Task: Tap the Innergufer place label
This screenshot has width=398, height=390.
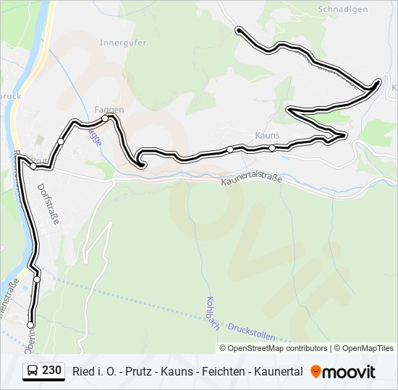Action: click(x=123, y=43)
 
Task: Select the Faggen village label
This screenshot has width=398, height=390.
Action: click(x=109, y=109)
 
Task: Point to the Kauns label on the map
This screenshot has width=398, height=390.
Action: click(x=267, y=135)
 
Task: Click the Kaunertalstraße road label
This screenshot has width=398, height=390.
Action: click(x=251, y=186)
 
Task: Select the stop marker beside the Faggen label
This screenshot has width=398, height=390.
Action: click(x=105, y=118)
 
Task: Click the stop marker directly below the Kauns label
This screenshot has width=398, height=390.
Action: click(x=272, y=148)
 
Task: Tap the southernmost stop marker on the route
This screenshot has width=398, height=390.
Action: click(x=30, y=325)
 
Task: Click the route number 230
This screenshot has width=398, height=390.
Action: click(x=51, y=370)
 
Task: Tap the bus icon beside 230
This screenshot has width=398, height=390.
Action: click(x=33, y=371)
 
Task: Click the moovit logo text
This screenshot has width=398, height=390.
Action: click(x=350, y=371)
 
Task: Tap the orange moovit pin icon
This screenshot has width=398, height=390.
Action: click(x=316, y=371)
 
